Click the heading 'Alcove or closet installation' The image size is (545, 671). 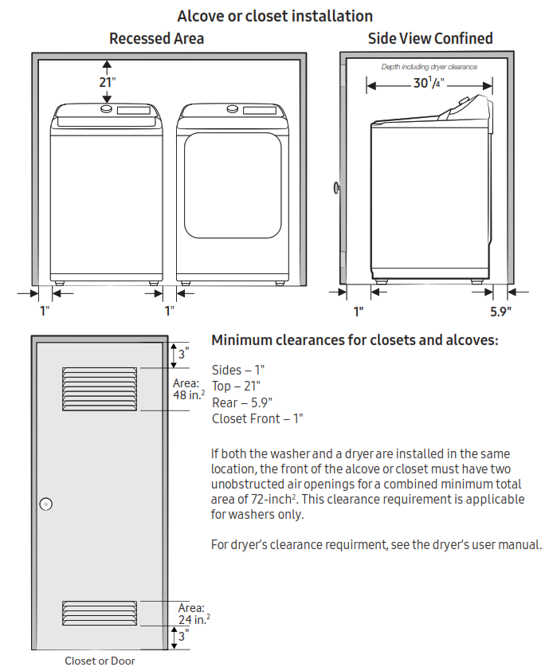pos(275,16)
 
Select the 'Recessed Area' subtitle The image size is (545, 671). pos(156,38)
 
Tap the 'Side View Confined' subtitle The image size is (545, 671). pos(429,38)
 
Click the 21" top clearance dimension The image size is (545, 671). pos(106,82)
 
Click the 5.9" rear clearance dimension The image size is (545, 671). pos(500,311)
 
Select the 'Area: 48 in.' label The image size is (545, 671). pos(190,388)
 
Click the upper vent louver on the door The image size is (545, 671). pos(100,388)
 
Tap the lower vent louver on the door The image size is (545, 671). pos(100,612)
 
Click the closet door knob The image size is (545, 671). pos(45,503)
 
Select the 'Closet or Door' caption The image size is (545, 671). pos(100,661)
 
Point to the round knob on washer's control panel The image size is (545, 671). pos(106,110)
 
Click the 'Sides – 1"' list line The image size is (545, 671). pos(238,370)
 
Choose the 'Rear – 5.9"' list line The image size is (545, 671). pos(242,402)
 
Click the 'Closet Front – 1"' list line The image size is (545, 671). pos(257,418)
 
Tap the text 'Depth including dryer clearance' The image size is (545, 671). pos(429,67)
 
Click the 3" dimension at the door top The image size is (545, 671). pos(182,355)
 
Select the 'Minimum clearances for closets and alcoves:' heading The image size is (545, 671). pos(355,340)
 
